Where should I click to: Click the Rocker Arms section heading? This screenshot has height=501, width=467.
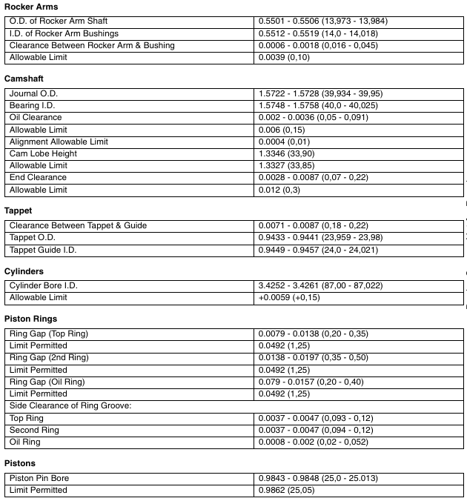31,7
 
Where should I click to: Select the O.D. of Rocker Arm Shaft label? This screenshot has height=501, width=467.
59,21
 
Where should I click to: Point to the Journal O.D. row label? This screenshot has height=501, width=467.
33,93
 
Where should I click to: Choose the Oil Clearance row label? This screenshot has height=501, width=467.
36,117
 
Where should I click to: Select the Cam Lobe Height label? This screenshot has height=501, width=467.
43,153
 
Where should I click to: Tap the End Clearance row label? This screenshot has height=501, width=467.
38,177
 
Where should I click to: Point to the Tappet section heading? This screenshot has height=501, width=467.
19,210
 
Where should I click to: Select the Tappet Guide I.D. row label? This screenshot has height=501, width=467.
43,250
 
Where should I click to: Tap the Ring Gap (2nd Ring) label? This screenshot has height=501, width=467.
49,357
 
